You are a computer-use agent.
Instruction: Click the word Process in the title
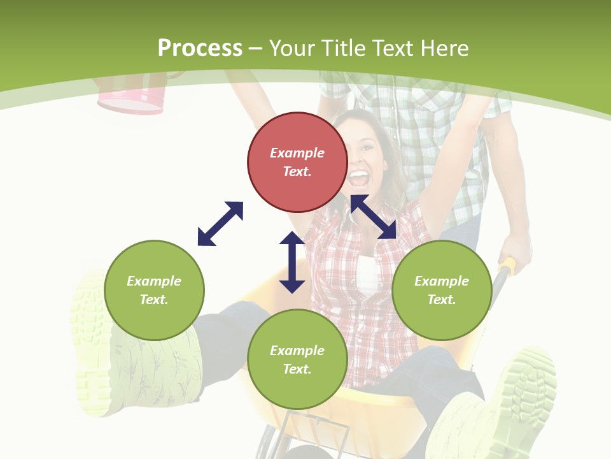(x=200, y=48)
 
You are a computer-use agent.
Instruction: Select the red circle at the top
(x=297, y=163)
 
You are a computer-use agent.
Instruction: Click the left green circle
(x=154, y=290)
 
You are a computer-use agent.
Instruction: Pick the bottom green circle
(x=297, y=360)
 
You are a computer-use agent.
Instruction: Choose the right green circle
(x=442, y=290)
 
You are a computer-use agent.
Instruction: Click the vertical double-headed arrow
(x=292, y=262)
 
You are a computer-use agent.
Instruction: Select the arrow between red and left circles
(x=220, y=224)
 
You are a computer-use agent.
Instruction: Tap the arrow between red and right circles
(x=374, y=217)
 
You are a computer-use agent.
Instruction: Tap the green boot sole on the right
(x=526, y=389)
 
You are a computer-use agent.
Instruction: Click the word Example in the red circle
(x=297, y=153)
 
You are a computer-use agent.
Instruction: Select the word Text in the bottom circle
(x=296, y=369)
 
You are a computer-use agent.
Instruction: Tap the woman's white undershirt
(x=367, y=275)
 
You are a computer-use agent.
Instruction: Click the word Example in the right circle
(x=442, y=281)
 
